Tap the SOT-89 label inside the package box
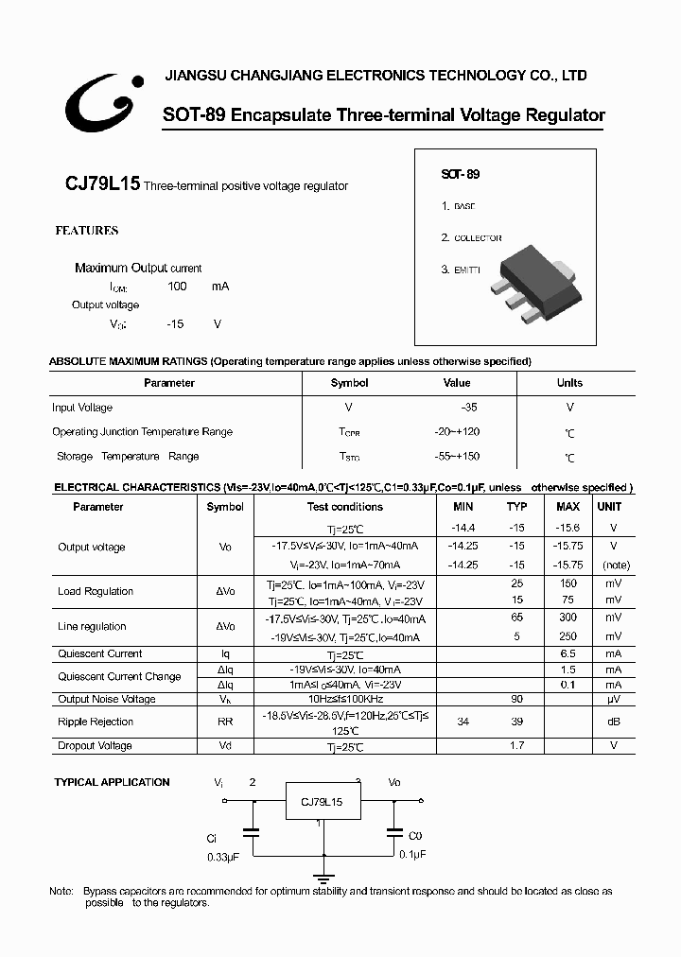[x=461, y=175]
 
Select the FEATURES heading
[x=86, y=231]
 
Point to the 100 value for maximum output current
[x=177, y=286]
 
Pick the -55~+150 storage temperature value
[x=457, y=457]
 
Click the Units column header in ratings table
[x=569, y=383]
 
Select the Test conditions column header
[x=344, y=507]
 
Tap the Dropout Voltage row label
[x=95, y=745]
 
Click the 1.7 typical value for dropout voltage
[x=517, y=745]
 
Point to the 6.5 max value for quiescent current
[x=567, y=653]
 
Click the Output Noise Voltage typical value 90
[x=517, y=699]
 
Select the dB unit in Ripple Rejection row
[x=614, y=722]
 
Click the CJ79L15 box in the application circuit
[x=322, y=802]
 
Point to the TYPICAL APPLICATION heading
[x=112, y=782]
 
